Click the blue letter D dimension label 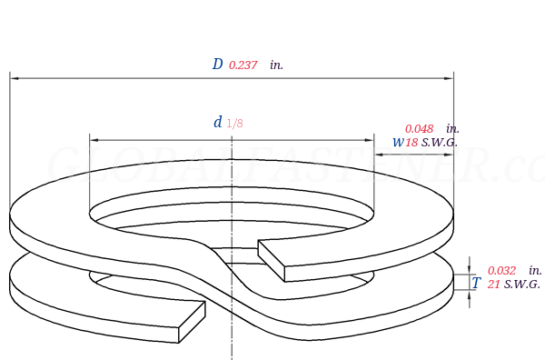coord(217,65)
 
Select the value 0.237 coord(243,65)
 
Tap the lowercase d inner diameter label coord(218,123)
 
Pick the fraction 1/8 coord(235,124)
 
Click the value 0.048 coord(419,129)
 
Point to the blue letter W coord(398,143)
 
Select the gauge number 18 coord(411,143)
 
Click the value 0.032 coord(501,271)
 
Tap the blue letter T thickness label coord(476,284)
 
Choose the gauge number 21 coord(494,285)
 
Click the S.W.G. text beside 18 coord(440,143)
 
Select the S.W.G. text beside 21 coord(522,285)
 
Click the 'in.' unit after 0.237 coord(277,65)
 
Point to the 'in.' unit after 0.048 coord(452,129)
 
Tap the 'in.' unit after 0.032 coord(535,271)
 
